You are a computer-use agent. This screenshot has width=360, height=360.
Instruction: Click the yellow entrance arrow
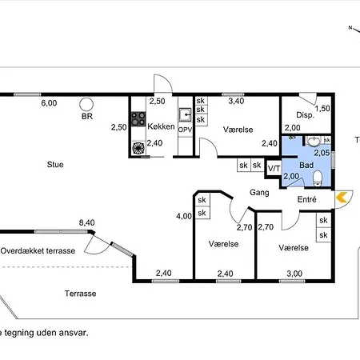tap(341, 198)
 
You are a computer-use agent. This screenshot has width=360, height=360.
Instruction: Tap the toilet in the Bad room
tap(318, 178)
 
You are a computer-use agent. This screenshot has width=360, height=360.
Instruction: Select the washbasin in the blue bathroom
tap(314, 141)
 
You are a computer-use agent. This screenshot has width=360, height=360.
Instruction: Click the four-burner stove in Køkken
tap(138, 119)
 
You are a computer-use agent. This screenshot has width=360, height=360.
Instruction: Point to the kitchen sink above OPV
tap(185, 115)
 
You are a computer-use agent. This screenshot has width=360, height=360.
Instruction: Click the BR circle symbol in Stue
tap(86, 104)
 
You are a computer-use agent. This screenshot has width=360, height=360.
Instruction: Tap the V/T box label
tap(274, 168)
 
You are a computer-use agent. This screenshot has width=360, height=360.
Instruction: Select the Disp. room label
tap(305, 115)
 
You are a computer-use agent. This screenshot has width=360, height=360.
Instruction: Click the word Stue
tap(55, 165)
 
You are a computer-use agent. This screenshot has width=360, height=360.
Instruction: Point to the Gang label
tap(259, 193)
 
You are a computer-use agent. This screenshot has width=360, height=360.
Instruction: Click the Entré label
tap(306, 199)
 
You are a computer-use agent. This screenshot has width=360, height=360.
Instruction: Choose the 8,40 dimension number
tap(87, 222)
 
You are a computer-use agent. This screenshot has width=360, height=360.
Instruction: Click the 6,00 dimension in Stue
tap(49, 103)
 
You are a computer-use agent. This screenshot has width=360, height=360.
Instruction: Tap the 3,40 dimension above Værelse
tap(236, 101)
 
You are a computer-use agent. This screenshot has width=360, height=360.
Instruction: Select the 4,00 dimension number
tap(184, 216)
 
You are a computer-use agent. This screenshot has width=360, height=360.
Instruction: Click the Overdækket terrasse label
tap(38, 250)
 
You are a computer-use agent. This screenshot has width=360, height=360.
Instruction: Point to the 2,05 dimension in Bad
tap(322, 153)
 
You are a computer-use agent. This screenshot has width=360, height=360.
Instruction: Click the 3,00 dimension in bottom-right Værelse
tap(294, 274)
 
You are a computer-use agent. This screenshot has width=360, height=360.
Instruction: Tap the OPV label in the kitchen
tap(185, 130)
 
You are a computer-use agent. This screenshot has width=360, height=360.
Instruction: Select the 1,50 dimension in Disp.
tap(322, 109)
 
